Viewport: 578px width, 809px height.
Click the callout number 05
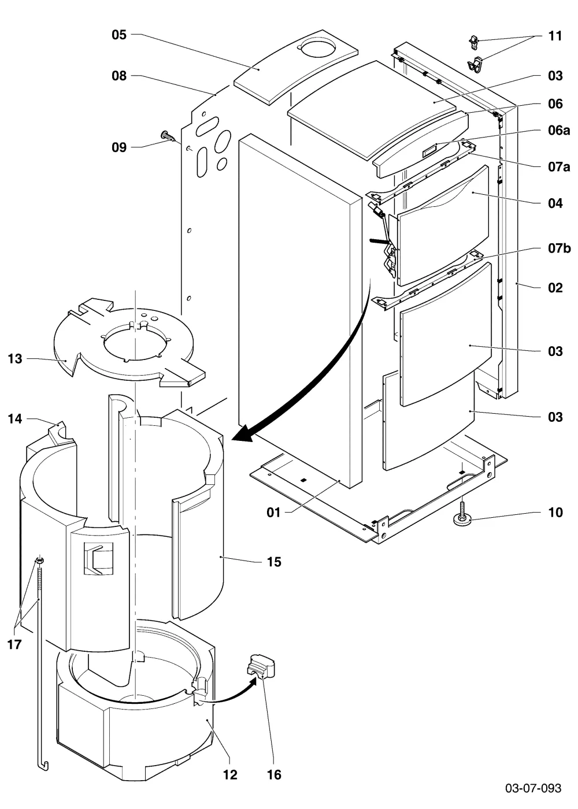119,35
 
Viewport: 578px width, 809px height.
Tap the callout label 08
119,76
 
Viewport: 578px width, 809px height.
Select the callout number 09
119,147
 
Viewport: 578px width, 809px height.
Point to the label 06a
559,130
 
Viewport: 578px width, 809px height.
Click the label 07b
560,248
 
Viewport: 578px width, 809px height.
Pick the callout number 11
555,36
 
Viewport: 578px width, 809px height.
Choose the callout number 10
555,512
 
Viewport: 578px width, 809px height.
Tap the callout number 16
274,774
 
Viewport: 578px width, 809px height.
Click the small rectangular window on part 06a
429,151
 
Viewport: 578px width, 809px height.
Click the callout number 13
15,359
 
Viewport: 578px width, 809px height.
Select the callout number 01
273,512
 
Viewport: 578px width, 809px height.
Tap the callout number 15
274,562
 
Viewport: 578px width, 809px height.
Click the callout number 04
555,203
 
